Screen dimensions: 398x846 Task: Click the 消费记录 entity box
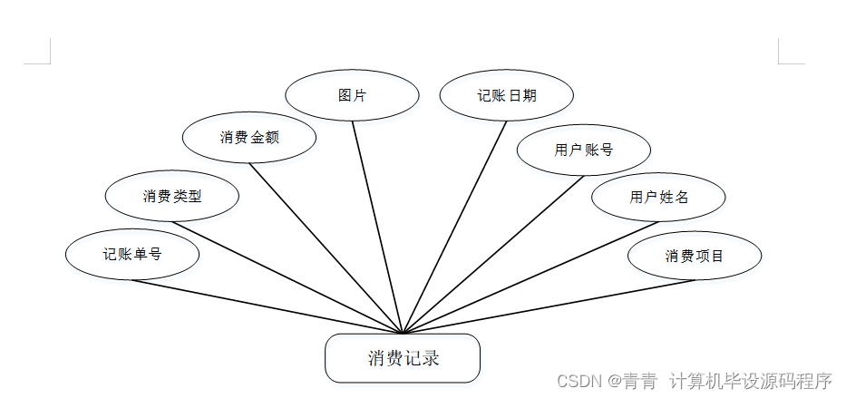(402, 358)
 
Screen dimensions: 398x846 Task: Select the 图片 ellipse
(352, 95)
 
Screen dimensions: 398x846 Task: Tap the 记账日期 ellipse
(507, 95)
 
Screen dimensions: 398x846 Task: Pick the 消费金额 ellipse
(249, 138)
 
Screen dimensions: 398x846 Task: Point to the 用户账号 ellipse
(584, 150)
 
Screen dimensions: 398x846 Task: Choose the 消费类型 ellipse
(172, 196)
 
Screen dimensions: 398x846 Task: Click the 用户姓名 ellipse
(658, 197)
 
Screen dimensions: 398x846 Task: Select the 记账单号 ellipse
(132, 255)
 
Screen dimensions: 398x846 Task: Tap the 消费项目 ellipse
(695, 256)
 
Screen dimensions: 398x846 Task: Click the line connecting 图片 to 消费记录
(376, 226)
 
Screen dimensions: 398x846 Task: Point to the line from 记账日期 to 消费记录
(455, 226)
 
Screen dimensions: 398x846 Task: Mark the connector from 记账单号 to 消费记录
(267, 306)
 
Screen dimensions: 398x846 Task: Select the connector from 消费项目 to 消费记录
(549, 306)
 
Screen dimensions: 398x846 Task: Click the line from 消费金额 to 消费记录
(326, 248)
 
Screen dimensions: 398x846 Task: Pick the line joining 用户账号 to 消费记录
(494, 253)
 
